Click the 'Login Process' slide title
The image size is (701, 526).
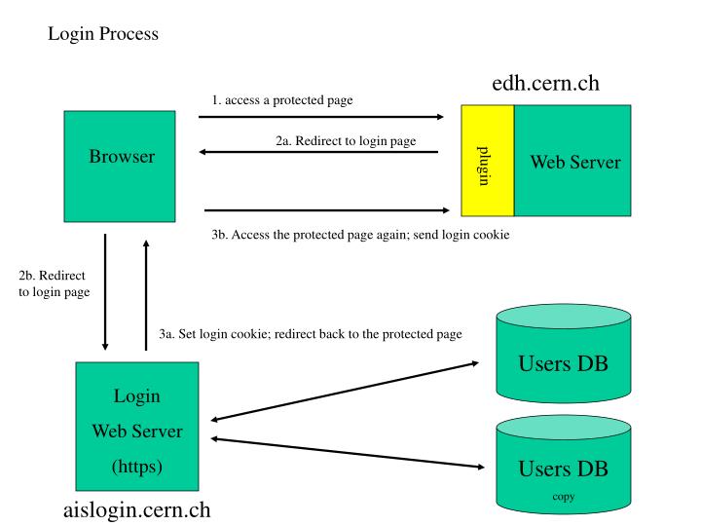pyautogui.click(x=102, y=34)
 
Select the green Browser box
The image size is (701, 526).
pyautogui.click(x=120, y=166)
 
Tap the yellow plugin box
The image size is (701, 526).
pyautogui.click(x=486, y=161)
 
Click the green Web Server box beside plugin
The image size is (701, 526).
pyautogui.click(x=573, y=161)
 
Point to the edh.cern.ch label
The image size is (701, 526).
pyautogui.click(x=545, y=84)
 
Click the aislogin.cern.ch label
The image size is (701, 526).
pyautogui.click(x=136, y=509)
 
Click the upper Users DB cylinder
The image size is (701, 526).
pyautogui.click(x=562, y=360)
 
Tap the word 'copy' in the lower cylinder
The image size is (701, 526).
pyautogui.click(x=563, y=496)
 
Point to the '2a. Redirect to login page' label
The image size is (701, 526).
pyautogui.click(x=345, y=140)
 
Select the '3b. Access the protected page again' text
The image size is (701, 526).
pyautogui.click(x=359, y=234)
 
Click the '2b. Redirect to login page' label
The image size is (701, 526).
pyautogui.click(x=55, y=283)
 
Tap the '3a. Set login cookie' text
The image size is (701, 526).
pyautogui.click(x=310, y=334)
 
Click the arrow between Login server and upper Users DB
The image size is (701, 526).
pyautogui.click(x=345, y=391)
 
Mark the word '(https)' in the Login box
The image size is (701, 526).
pyautogui.click(x=137, y=466)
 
